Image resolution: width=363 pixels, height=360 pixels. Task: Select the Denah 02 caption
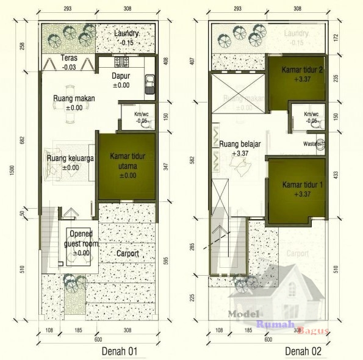click(303, 351)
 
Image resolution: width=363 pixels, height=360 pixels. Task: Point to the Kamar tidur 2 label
click(301, 71)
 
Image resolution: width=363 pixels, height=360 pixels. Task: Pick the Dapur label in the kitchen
click(121, 76)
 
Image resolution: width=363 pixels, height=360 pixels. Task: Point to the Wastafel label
click(311, 144)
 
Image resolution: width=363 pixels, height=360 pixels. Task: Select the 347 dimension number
click(167, 165)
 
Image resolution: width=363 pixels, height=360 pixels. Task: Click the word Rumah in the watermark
click(275, 324)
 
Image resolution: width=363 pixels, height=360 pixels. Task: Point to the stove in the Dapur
click(120, 62)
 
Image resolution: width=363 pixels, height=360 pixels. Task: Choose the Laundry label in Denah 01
click(127, 34)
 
